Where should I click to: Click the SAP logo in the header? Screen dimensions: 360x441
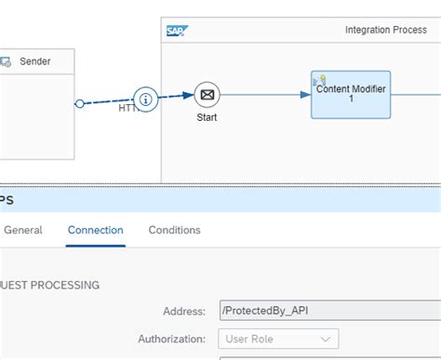coord(176,31)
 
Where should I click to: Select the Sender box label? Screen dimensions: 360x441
coord(35,61)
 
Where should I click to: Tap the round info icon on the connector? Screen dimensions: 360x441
coord(145,98)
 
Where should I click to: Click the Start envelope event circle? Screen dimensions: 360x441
coord(207,94)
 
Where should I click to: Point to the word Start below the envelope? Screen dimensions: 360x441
coord(207,118)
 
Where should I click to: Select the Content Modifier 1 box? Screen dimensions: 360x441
coord(351,94)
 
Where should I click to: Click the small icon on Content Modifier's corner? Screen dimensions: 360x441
coord(320,80)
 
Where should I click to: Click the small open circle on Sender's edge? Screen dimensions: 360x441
coord(79,103)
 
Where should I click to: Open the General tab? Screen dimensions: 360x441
coord(23,230)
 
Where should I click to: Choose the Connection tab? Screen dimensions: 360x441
coord(96,230)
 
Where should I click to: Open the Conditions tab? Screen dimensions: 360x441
coord(174,230)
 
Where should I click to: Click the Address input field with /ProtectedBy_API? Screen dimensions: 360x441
coord(326,310)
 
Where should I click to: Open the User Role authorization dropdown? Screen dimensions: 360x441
coord(277,339)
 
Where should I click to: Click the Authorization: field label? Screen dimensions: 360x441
coord(173,339)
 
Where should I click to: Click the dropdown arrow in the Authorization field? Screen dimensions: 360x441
coord(327,339)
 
